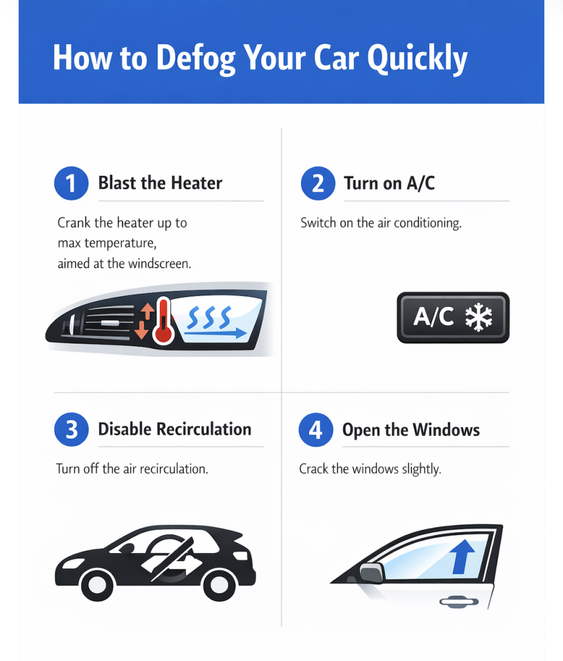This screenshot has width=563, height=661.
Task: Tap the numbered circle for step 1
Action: click(x=71, y=183)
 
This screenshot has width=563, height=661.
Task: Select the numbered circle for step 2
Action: click(x=318, y=183)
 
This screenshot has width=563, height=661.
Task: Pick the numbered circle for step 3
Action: click(x=72, y=430)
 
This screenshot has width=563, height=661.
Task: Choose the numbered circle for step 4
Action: click(x=315, y=430)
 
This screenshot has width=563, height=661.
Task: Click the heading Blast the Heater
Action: click(x=160, y=183)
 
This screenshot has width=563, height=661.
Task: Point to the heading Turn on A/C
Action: click(x=389, y=183)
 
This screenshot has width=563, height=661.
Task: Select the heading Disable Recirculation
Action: click(x=174, y=429)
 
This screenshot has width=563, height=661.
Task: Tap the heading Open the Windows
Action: click(x=411, y=430)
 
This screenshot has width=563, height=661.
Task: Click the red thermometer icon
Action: click(x=163, y=320)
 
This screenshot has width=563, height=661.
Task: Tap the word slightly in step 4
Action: click(x=419, y=469)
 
